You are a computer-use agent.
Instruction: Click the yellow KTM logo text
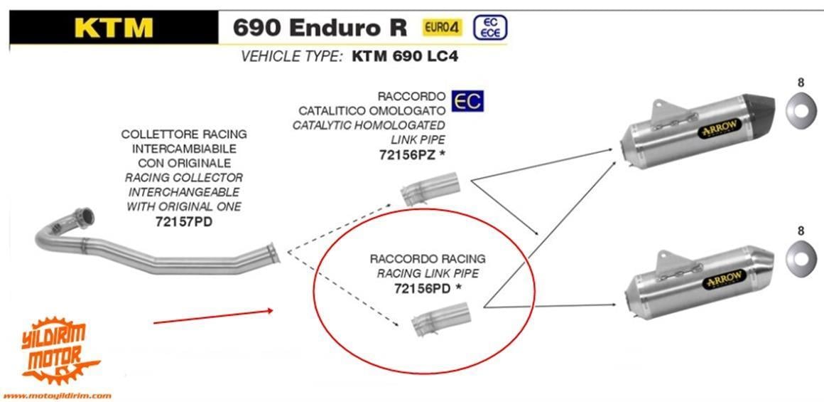113,26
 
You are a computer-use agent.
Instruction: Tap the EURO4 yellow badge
443,28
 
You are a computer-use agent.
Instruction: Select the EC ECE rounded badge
489,28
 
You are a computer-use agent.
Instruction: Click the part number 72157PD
183,221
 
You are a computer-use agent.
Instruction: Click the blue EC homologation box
467,100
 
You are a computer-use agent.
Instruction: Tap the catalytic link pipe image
430,192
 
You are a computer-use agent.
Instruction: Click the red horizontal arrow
213,317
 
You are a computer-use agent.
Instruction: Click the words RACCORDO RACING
427,258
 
